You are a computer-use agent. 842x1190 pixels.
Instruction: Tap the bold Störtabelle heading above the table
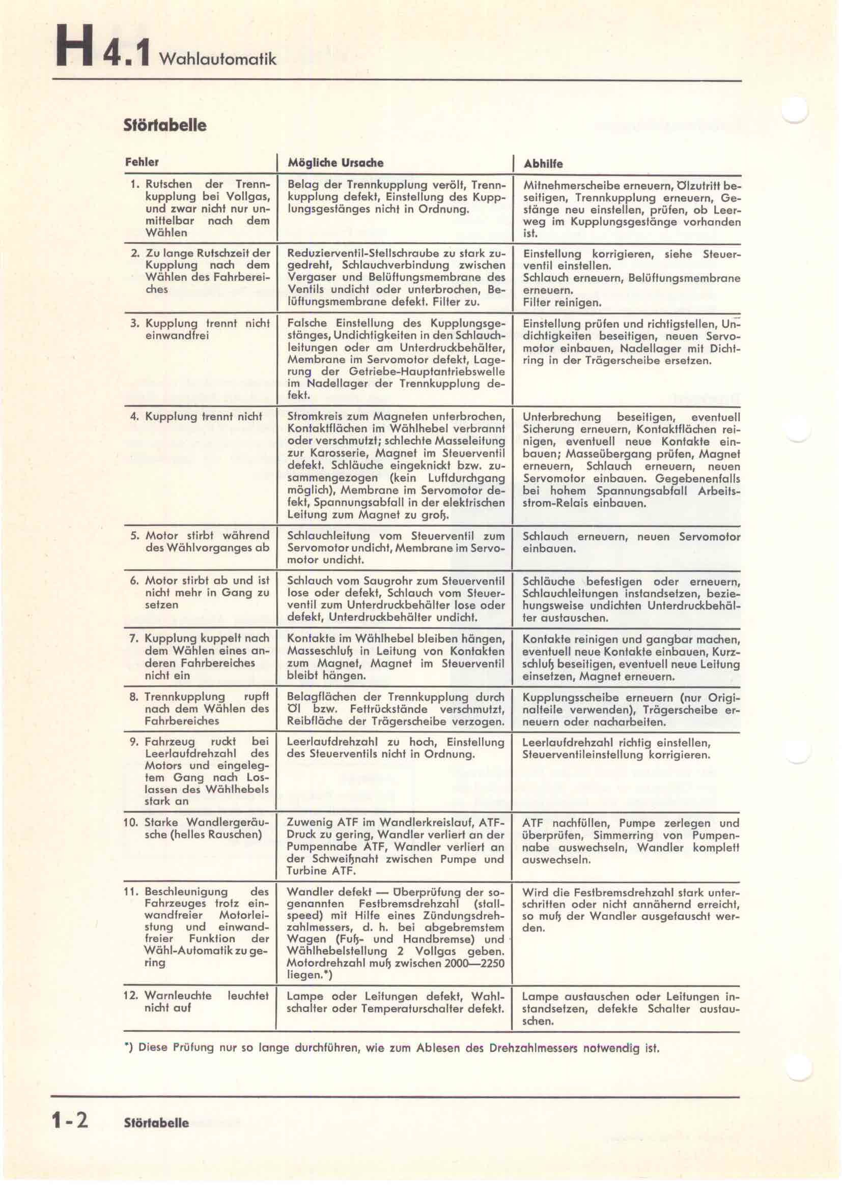(x=165, y=125)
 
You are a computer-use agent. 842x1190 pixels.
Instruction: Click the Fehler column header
(x=142, y=162)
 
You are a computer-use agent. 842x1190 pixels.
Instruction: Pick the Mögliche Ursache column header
(x=335, y=163)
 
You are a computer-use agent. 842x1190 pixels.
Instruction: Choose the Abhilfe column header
(x=542, y=164)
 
